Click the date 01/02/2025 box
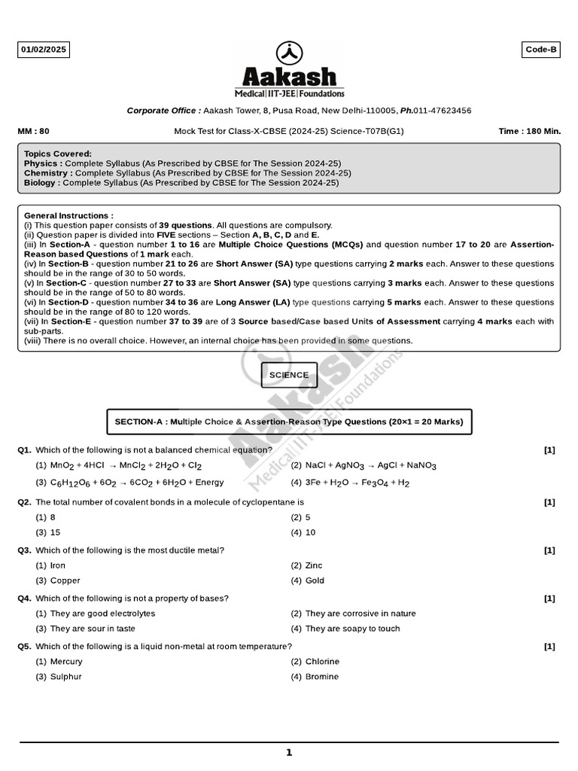coord(44,50)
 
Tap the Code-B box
coord(541,50)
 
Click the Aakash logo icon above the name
coord(290,53)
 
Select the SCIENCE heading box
coord(289,375)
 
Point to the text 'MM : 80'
coord(33,131)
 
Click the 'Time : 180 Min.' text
coord(530,131)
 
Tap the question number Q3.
coord(25,550)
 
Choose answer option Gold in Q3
coord(315,581)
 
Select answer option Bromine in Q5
coord(321,677)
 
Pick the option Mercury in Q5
coord(66,662)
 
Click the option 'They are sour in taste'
coord(93,629)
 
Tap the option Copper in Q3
coord(65,581)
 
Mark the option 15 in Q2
coord(55,532)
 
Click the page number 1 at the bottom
coord(289,752)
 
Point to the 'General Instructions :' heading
coord(68,215)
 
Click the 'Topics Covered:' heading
coord(58,154)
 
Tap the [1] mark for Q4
coord(549,599)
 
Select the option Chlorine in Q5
coord(322,662)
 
